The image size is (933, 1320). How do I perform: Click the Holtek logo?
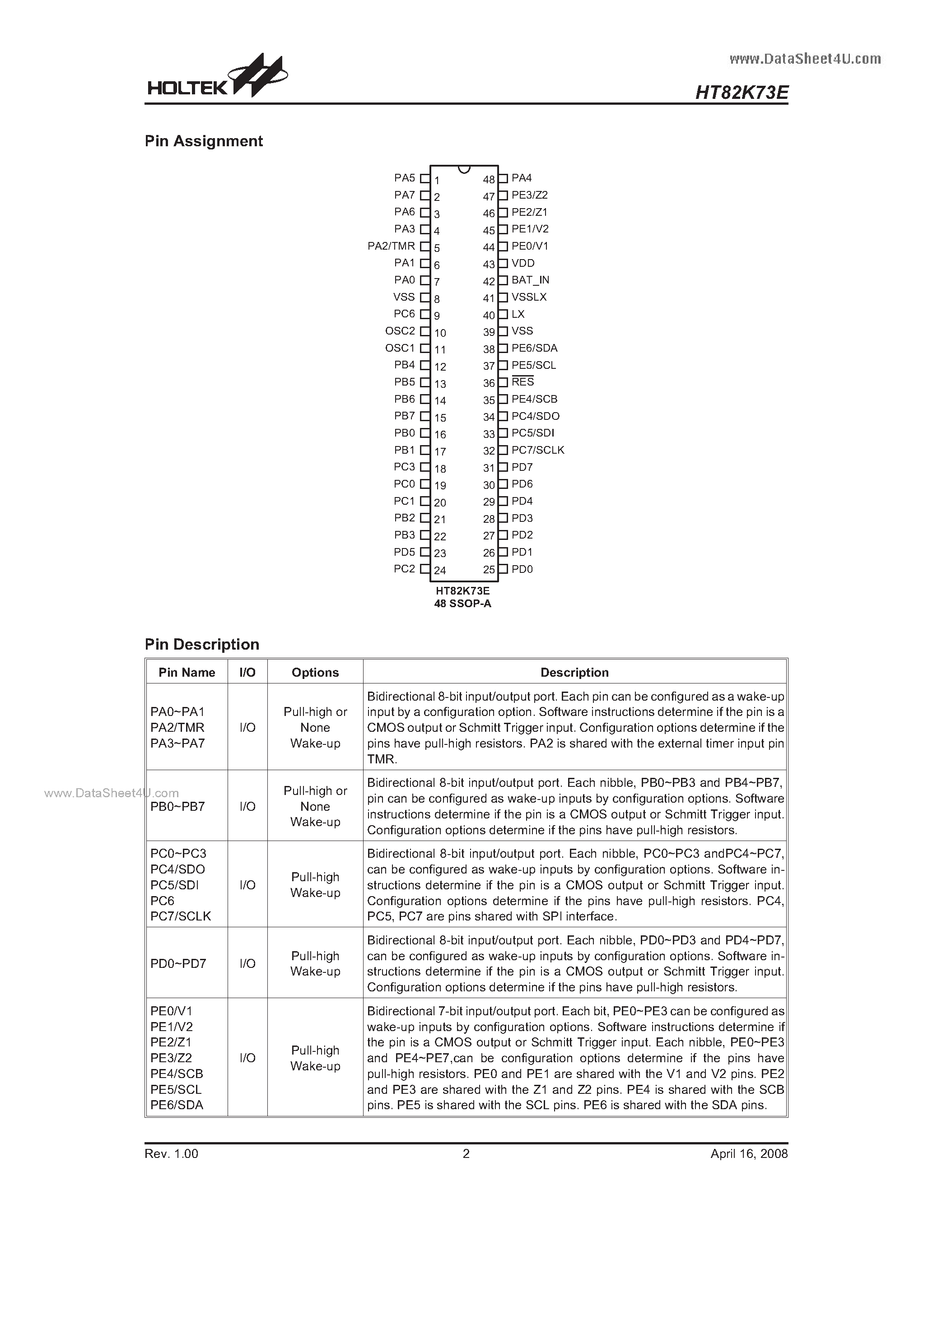point(216,78)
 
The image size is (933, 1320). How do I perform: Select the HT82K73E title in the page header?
point(742,93)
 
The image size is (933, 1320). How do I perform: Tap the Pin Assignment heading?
point(204,141)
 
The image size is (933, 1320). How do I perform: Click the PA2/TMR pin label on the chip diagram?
point(391,246)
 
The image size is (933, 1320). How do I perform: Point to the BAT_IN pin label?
point(530,280)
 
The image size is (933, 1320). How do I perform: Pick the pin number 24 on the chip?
point(440,570)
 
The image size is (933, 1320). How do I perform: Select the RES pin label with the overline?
point(523,382)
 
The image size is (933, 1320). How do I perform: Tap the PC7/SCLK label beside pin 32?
point(538,450)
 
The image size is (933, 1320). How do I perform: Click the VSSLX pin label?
point(529,297)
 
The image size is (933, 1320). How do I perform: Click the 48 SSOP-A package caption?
point(462,604)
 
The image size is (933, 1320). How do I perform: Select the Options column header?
point(315,672)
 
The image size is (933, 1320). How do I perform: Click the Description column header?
point(574,672)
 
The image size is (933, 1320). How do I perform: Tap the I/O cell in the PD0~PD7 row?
point(247,963)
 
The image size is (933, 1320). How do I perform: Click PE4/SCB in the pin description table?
point(177,1074)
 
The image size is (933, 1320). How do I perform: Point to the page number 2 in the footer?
point(466,1153)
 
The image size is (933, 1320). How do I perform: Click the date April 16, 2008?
point(749,1153)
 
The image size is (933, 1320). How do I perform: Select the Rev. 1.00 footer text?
point(172,1153)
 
